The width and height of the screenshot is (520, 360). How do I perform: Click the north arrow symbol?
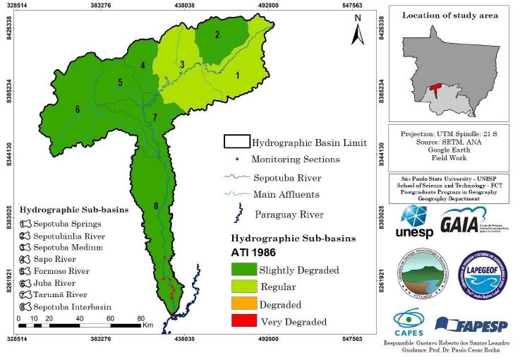pos(358,30)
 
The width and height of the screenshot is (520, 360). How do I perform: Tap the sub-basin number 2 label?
pos(217,35)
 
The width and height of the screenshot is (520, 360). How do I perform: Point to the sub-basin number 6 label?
pos(77,109)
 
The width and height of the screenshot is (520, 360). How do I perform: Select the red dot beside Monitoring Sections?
pos(236,160)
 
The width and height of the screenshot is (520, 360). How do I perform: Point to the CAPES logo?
pos(411,323)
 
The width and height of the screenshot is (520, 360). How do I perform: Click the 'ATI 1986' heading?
pos(252,251)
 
